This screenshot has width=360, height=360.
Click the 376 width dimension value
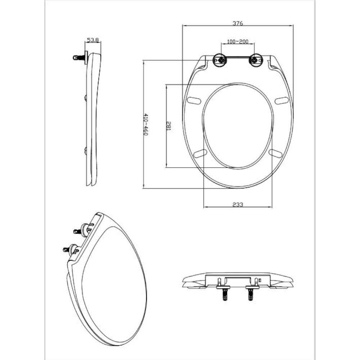[238, 23]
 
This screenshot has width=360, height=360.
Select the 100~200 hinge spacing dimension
[238, 42]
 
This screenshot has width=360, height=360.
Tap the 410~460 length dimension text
[146, 125]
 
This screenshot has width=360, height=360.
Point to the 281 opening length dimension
[168, 126]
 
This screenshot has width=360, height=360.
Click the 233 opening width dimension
[238, 204]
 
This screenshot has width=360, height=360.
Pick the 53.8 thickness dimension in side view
[93, 40]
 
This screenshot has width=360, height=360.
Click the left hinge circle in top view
[220, 60]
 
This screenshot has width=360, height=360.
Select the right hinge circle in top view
[256, 60]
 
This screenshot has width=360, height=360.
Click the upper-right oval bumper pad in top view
[282, 100]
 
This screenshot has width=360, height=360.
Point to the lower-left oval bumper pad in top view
[200, 153]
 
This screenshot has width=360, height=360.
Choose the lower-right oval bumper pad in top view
[275, 153]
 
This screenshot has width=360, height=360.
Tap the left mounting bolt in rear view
[225, 293]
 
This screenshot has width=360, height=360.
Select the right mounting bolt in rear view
[251, 293]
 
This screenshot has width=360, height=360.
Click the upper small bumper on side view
[86, 98]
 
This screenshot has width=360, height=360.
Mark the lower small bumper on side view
[86, 150]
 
